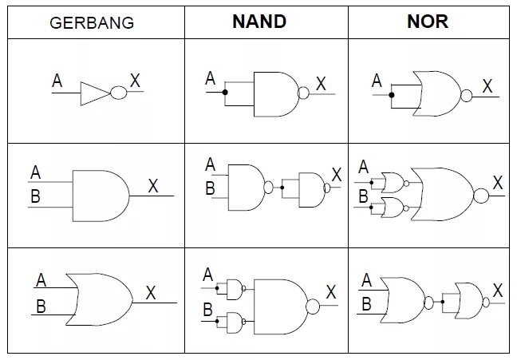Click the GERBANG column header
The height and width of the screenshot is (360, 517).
click(92, 22)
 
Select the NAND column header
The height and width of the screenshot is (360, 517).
click(258, 21)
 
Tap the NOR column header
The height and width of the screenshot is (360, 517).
click(428, 21)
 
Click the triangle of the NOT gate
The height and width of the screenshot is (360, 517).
click(94, 93)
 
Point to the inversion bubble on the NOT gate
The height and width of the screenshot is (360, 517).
click(118, 93)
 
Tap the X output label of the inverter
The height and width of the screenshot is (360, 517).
click(135, 81)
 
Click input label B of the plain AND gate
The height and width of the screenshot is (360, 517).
click(35, 196)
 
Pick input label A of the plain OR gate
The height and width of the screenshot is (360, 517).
click(41, 280)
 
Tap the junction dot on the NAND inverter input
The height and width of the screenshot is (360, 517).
click(225, 93)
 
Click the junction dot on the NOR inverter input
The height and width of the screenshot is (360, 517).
click(391, 96)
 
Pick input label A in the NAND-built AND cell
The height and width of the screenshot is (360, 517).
click(210, 165)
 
